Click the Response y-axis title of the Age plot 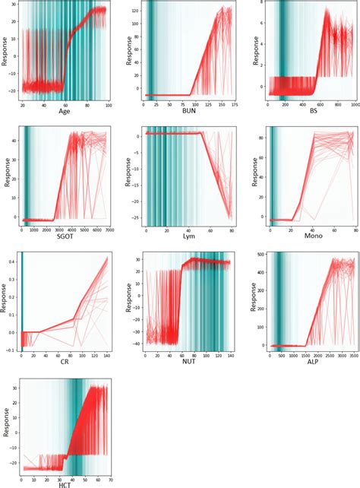tap(6, 55)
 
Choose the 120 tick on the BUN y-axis tap(134, 12)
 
